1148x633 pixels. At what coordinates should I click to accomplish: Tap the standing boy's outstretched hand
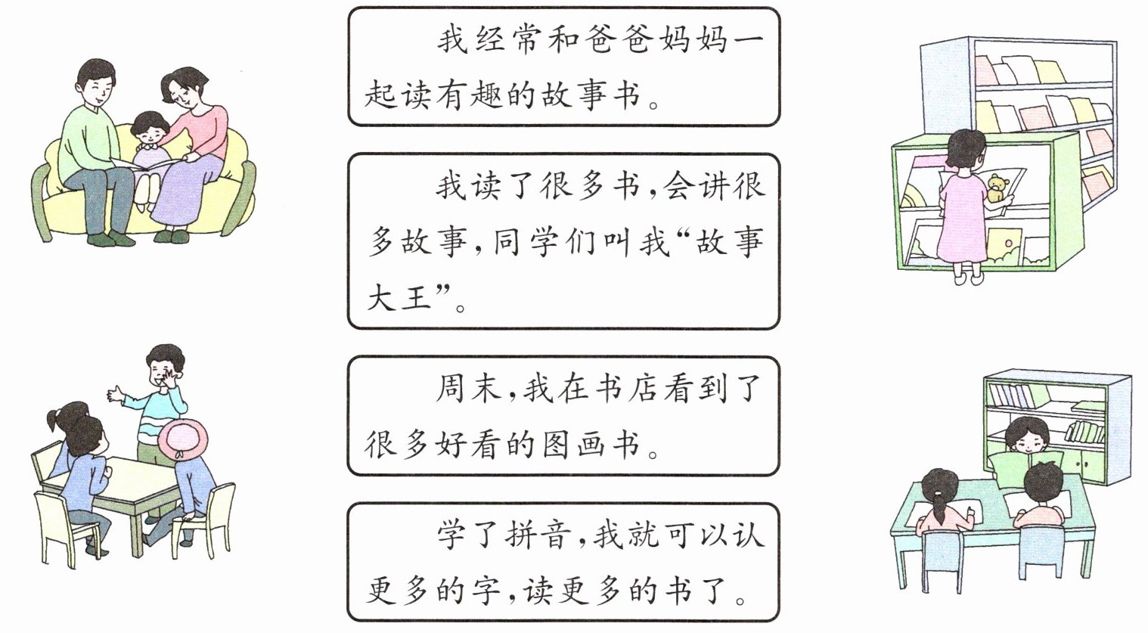tap(116, 393)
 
